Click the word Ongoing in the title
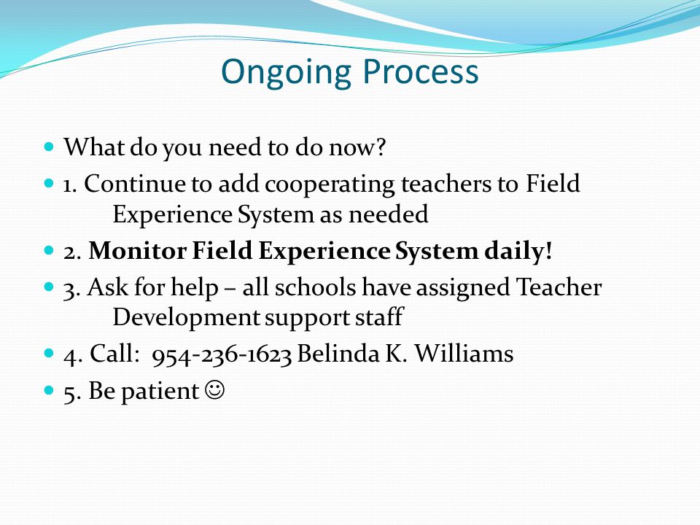point(286,72)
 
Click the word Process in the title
point(421,71)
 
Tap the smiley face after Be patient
point(214,390)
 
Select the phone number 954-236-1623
point(222,354)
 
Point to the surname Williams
point(464,353)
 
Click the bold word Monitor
point(137,250)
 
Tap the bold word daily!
point(518,250)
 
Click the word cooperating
point(330,185)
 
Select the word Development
point(186,318)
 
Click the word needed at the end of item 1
point(388,214)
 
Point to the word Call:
point(112,353)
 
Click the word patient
point(160,391)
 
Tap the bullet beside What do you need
point(49,146)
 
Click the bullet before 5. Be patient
point(49,390)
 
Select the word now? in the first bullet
point(357,147)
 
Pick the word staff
point(379,317)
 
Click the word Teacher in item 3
point(559,287)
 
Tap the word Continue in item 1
point(134,184)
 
